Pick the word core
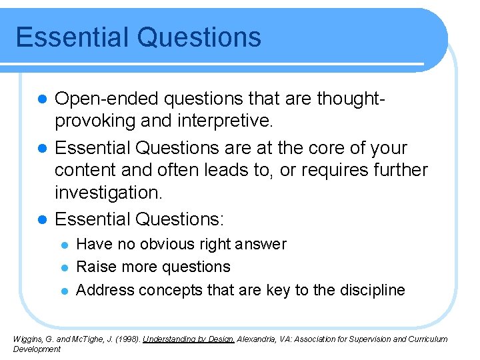pyautogui.click(x=318, y=147)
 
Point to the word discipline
pyautogui.click(x=371, y=290)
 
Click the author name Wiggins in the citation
pyautogui.click(x=27, y=339)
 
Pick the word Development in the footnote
pyautogui.click(x=37, y=349)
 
